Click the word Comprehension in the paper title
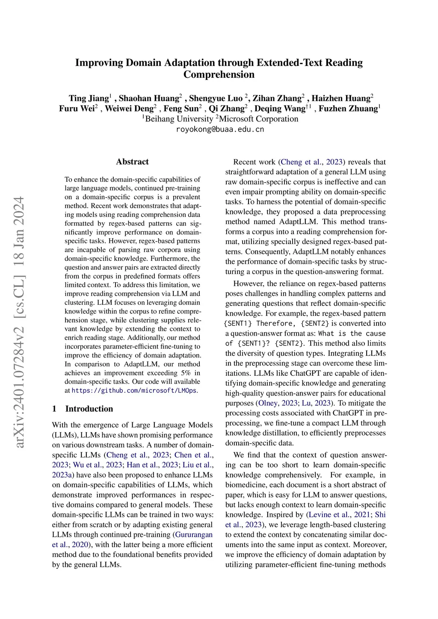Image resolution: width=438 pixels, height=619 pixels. pyautogui.click(x=219, y=75)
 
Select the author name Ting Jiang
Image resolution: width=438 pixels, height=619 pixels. pyautogui.click(x=89, y=98)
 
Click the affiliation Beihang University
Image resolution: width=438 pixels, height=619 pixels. pyautogui.click(x=179, y=119)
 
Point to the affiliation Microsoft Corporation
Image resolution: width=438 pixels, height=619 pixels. pyautogui.click(x=258, y=119)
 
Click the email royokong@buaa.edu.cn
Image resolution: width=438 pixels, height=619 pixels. pyautogui.click(x=220, y=129)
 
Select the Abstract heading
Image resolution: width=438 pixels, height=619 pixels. pyautogui.click(x=132, y=162)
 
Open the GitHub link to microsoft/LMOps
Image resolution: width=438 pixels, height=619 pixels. pyautogui.click(x=134, y=391)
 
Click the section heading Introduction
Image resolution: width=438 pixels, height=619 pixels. pyautogui.click(x=89, y=409)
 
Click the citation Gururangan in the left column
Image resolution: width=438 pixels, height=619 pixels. pyautogui.click(x=193, y=535)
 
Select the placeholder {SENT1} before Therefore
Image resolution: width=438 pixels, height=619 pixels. pyautogui.click(x=238, y=324)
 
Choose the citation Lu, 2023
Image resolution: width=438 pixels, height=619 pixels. pyautogui.click(x=316, y=403)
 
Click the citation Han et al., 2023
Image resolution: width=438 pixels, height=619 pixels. pyautogui.click(x=152, y=465)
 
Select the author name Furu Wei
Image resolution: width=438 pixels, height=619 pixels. pyautogui.click(x=77, y=109)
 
